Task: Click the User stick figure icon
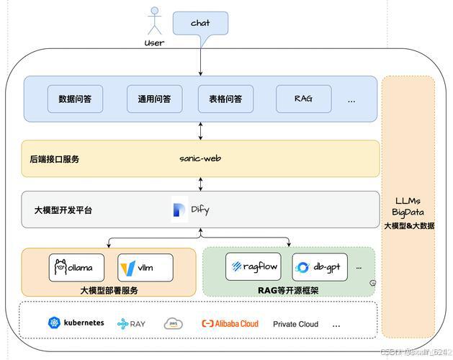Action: [153, 21]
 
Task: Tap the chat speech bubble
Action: [200, 23]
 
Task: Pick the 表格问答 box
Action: [225, 99]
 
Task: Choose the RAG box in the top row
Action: [303, 99]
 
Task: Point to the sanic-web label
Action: [200, 158]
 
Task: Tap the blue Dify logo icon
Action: [180, 210]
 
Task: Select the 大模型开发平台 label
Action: [63, 210]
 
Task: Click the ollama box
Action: [76, 267]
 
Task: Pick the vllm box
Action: [145, 267]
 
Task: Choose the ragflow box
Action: [253, 266]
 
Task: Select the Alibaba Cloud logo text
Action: [230, 324]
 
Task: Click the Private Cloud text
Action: [295, 324]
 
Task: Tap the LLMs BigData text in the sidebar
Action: [408, 206]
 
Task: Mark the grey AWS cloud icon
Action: [174, 324]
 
